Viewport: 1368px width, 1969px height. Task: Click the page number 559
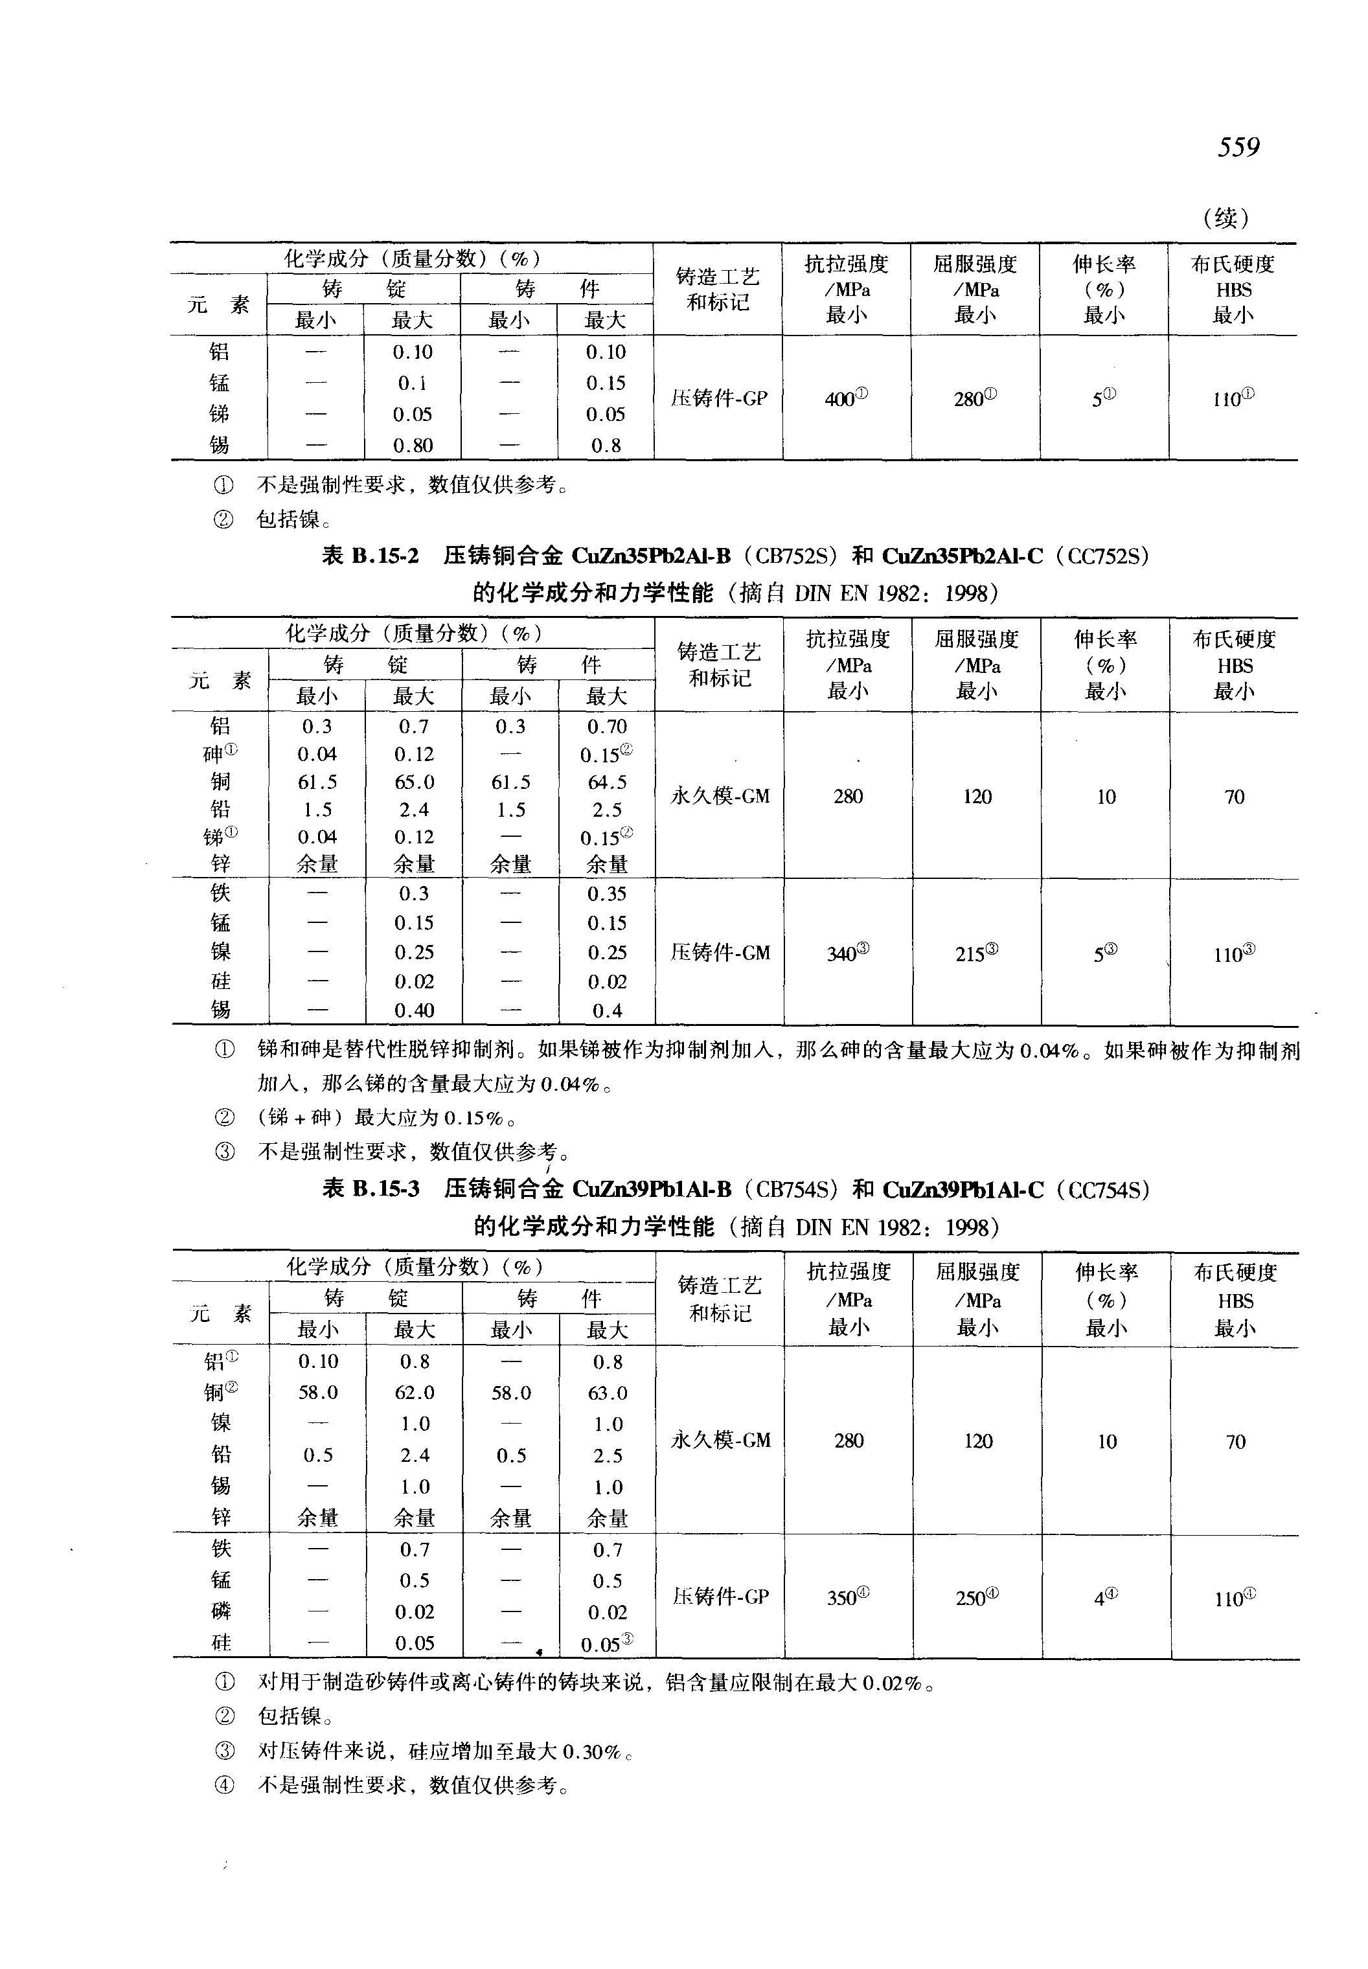[1238, 148]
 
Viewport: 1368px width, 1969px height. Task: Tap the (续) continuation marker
[1227, 218]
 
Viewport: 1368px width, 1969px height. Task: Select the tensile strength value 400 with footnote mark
[845, 398]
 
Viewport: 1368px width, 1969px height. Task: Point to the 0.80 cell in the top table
[413, 446]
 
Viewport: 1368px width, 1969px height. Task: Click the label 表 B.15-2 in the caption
[370, 556]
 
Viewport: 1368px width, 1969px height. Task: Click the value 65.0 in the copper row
[414, 782]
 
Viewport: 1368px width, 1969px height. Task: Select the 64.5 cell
[607, 782]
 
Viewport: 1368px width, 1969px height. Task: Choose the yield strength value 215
[975, 953]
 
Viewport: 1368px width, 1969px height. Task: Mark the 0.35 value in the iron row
[607, 894]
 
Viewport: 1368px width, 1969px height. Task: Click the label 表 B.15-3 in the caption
[371, 1189]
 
